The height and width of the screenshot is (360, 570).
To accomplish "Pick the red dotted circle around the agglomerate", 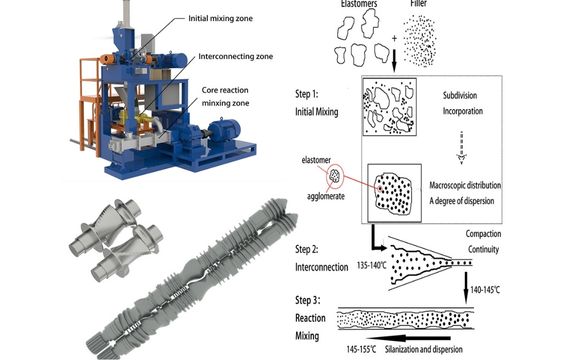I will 335,173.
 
